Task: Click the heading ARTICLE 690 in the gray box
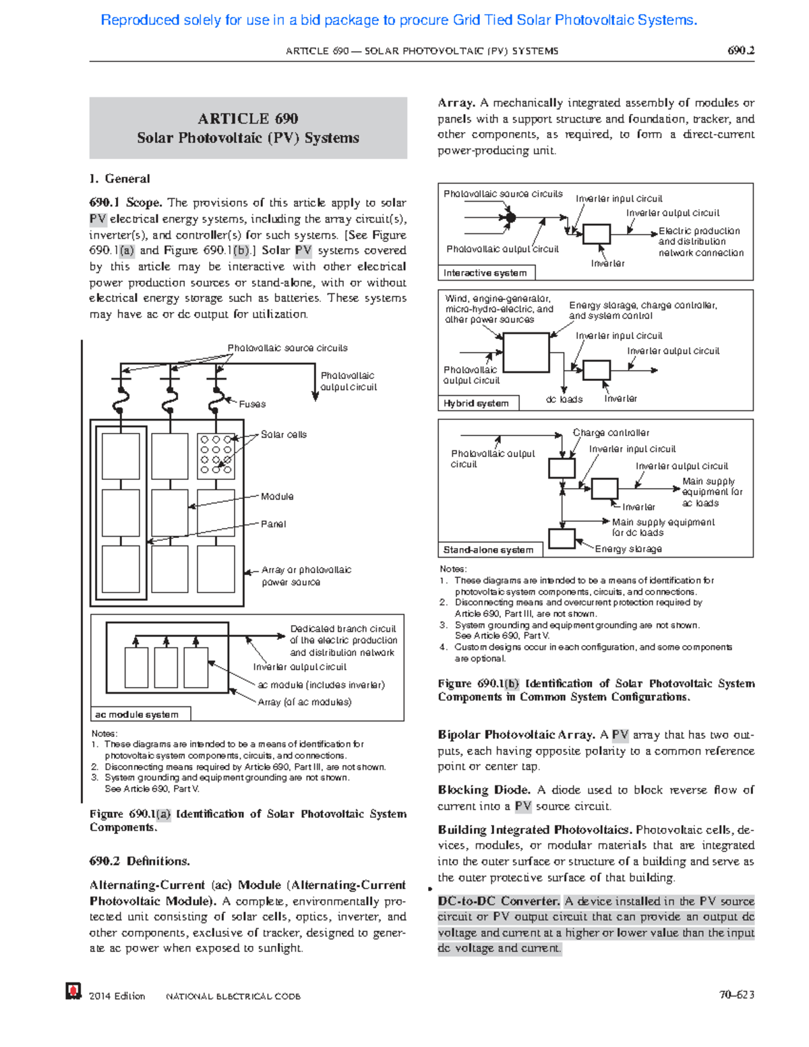[247, 119]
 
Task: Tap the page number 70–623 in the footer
[736, 994]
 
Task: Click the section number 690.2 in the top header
[740, 51]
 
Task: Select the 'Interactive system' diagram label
[485, 273]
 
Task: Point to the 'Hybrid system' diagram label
[476, 403]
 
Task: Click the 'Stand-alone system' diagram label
[488, 550]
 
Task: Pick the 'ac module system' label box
[137, 715]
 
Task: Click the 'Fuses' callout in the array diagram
[252, 404]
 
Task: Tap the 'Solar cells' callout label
[284, 435]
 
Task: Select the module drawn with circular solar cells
[216, 455]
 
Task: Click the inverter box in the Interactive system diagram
[596, 234]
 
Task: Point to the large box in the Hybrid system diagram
[526, 352]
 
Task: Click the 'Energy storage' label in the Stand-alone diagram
[628, 549]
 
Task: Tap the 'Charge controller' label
[611, 433]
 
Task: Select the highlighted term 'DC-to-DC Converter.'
[498, 901]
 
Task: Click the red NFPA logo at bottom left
[73, 990]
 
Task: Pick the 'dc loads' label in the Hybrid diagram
[564, 399]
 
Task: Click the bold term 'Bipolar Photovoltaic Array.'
[516, 735]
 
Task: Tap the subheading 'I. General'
[119, 179]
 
